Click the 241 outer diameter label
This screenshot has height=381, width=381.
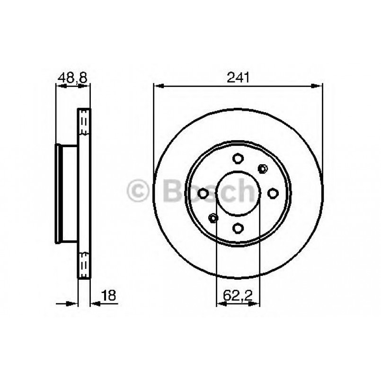(x=238, y=77)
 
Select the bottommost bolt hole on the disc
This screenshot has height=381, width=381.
(x=238, y=228)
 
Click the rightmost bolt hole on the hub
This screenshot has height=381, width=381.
(x=273, y=193)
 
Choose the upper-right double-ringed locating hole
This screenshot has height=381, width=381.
(x=262, y=168)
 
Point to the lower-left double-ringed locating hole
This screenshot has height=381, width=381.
(x=213, y=218)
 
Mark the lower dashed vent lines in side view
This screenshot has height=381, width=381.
(x=84, y=261)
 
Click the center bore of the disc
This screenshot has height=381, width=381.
(x=238, y=193)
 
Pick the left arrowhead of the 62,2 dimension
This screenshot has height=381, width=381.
(x=220, y=304)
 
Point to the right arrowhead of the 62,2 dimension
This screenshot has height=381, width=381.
(x=256, y=304)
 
